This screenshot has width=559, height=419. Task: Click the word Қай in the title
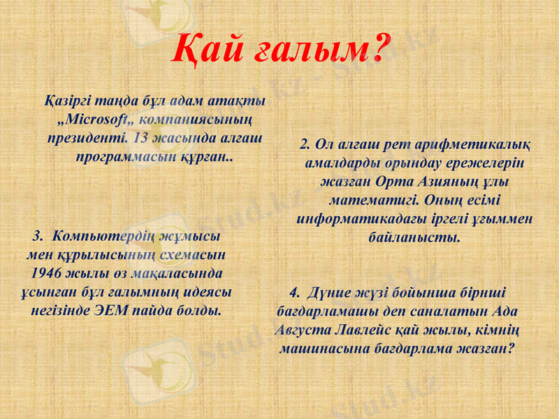point(205,48)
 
